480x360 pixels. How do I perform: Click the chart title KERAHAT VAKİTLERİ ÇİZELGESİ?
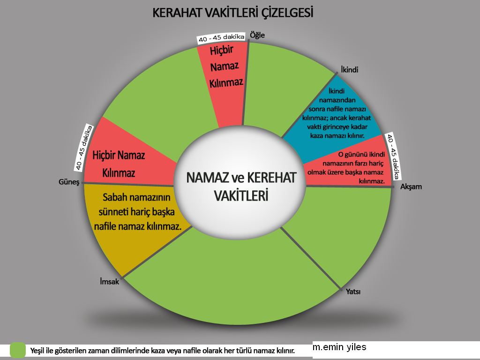[232, 13]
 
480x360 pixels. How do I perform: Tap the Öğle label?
[257, 35]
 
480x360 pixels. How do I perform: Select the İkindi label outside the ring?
[349, 70]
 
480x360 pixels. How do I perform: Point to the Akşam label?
[411, 187]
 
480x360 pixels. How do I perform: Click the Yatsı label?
[353, 292]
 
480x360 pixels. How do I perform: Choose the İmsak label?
[109, 281]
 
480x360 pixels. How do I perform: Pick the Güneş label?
[69, 182]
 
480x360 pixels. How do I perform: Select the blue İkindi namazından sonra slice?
[334, 116]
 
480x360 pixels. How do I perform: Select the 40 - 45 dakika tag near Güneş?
[83, 148]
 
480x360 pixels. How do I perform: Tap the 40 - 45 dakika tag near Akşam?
[393, 157]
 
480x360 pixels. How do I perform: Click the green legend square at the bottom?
[18, 350]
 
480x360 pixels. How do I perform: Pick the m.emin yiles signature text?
[339, 347]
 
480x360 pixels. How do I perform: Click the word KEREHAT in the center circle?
[271, 178]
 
